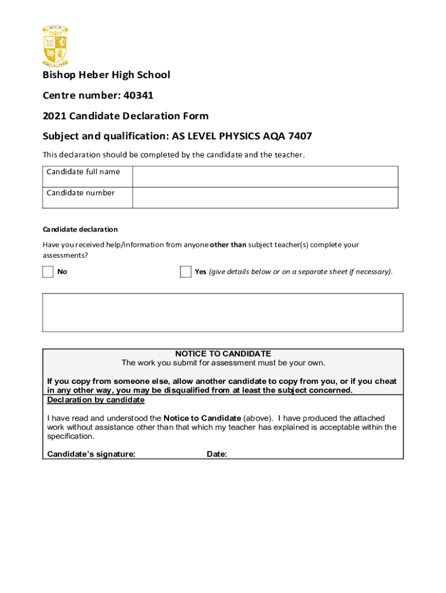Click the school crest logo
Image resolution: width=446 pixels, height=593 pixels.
[x=56, y=46]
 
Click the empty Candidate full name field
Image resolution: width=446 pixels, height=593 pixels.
[x=265, y=177]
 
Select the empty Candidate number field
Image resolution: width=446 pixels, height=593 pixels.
[x=265, y=197]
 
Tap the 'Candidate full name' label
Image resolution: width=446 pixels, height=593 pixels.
[x=83, y=172]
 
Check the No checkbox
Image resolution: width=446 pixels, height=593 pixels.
[x=48, y=272]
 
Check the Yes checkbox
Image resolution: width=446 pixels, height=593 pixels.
[x=185, y=272]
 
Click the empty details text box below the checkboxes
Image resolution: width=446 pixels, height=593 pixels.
[x=223, y=312]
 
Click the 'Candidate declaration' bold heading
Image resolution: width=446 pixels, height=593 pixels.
[x=80, y=229]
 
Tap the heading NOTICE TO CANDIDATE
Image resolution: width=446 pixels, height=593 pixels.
[x=223, y=354]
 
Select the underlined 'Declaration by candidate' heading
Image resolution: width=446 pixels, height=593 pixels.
[x=96, y=400]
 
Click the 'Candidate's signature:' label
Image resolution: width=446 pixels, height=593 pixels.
[x=91, y=455]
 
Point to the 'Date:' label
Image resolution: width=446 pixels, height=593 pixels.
[x=217, y=455]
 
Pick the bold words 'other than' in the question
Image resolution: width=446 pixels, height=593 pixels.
[x=228, y=245]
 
